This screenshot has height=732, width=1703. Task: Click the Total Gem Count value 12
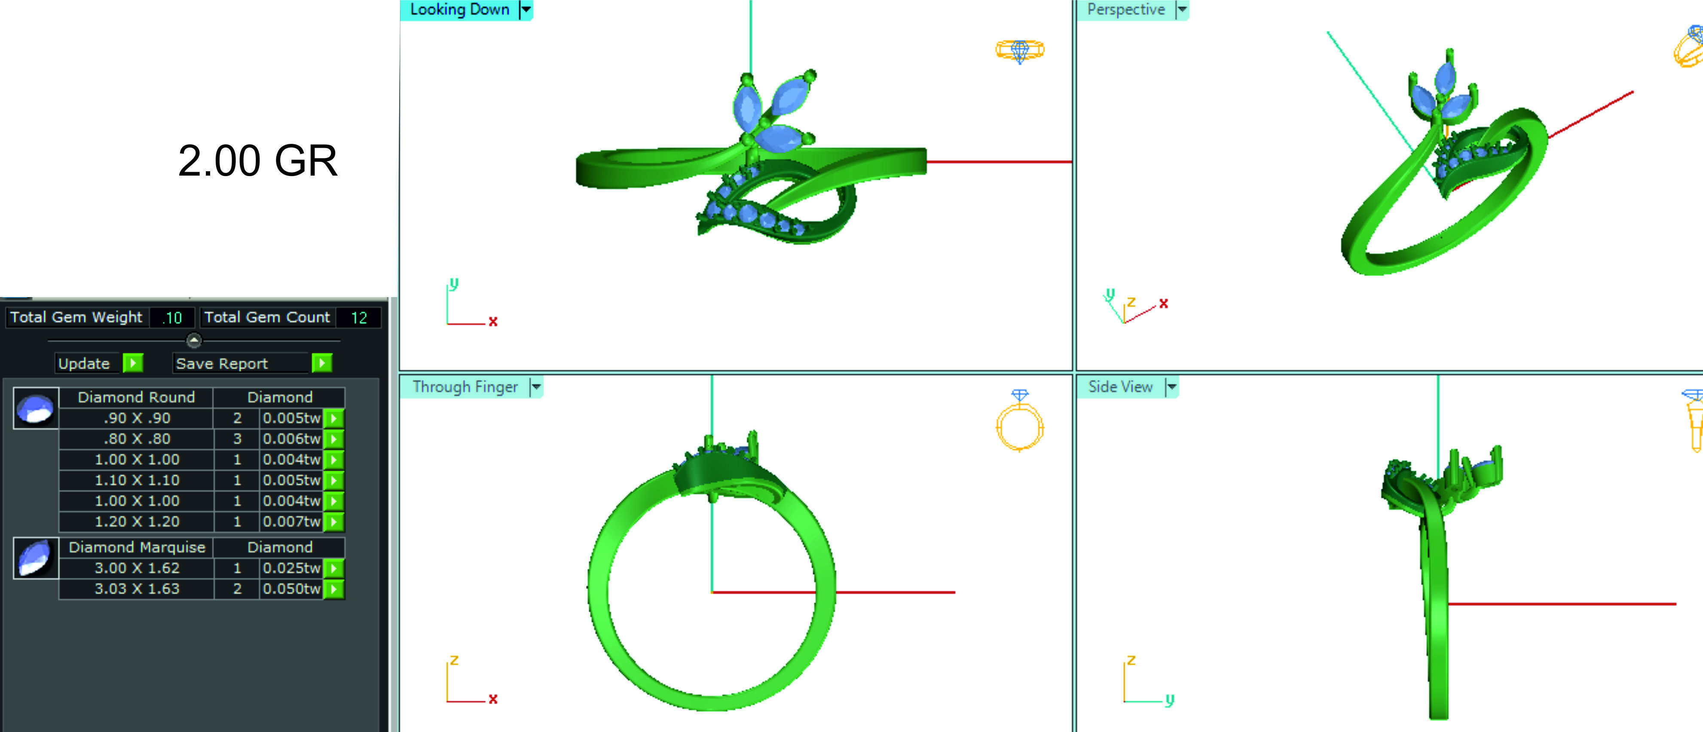point(358,318)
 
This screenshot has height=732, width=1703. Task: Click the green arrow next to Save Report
point(321,363)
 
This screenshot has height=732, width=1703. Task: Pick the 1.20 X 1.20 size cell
point(137,522)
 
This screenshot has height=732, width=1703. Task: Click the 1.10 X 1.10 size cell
point(137,480)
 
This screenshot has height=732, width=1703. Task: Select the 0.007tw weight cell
point(291,522)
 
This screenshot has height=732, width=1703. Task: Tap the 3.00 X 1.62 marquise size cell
point(137,568)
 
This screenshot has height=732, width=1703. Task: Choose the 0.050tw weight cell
point(291,589)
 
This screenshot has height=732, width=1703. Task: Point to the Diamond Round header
point(136,397)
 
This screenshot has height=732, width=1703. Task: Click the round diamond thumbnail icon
point(36,408)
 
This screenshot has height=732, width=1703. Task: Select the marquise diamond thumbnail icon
point(36,558)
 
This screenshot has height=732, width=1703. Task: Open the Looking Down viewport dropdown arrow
point(526,9)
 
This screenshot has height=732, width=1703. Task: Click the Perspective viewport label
point(1126,9)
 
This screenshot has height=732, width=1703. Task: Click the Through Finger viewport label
point(465,387)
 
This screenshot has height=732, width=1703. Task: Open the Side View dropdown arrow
point(1171,387)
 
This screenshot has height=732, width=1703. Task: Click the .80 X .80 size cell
point(137,439)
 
